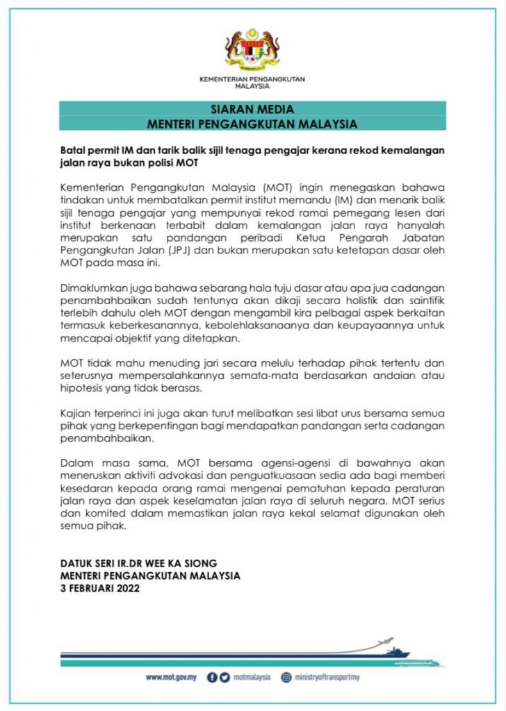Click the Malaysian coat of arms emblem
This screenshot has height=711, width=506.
(252, 50)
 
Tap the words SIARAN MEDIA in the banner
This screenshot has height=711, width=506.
(252, 110)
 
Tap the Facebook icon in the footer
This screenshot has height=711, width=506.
(213, 678)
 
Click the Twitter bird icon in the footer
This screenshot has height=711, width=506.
(225, 678)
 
